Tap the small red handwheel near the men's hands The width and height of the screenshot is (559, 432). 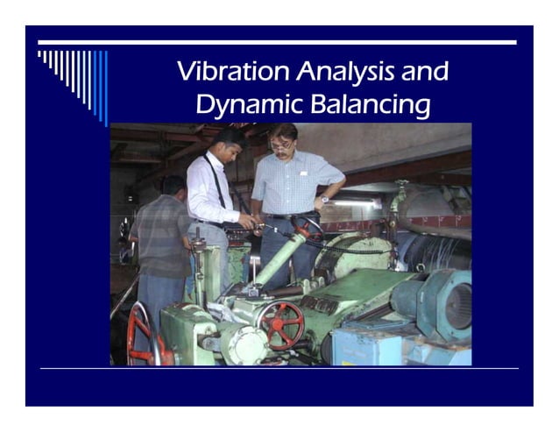pyautogui.click(x=306, y=230)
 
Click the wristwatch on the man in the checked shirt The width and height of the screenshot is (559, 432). pyautogui.click(x=324, y=200)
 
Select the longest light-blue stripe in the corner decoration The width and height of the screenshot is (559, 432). pyautogui.click(x=105, y=88)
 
